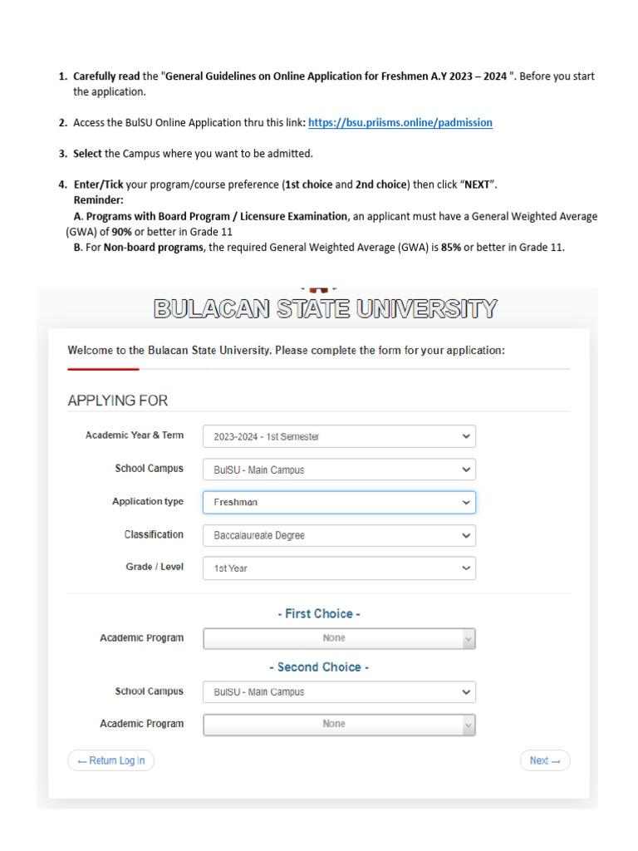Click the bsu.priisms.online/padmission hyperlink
click(400, 122)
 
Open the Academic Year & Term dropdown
click(339, 436)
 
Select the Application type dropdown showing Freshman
click(339, 502)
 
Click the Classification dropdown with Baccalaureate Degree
click(339, 535)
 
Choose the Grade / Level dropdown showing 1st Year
click(339, 568)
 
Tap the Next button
click(545, 760)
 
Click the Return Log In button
click(110, 760)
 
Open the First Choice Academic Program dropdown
click(339, 638)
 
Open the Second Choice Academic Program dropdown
click(339, 724)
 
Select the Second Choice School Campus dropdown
click(339, 691)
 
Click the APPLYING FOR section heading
click(118, 401)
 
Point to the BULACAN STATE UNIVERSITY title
click(326, 309)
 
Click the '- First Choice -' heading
click(319, 614)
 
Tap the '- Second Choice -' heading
click(319, 667)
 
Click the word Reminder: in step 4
click(98, 200)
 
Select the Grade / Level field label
click(155, 567)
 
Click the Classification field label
click(154, 534)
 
